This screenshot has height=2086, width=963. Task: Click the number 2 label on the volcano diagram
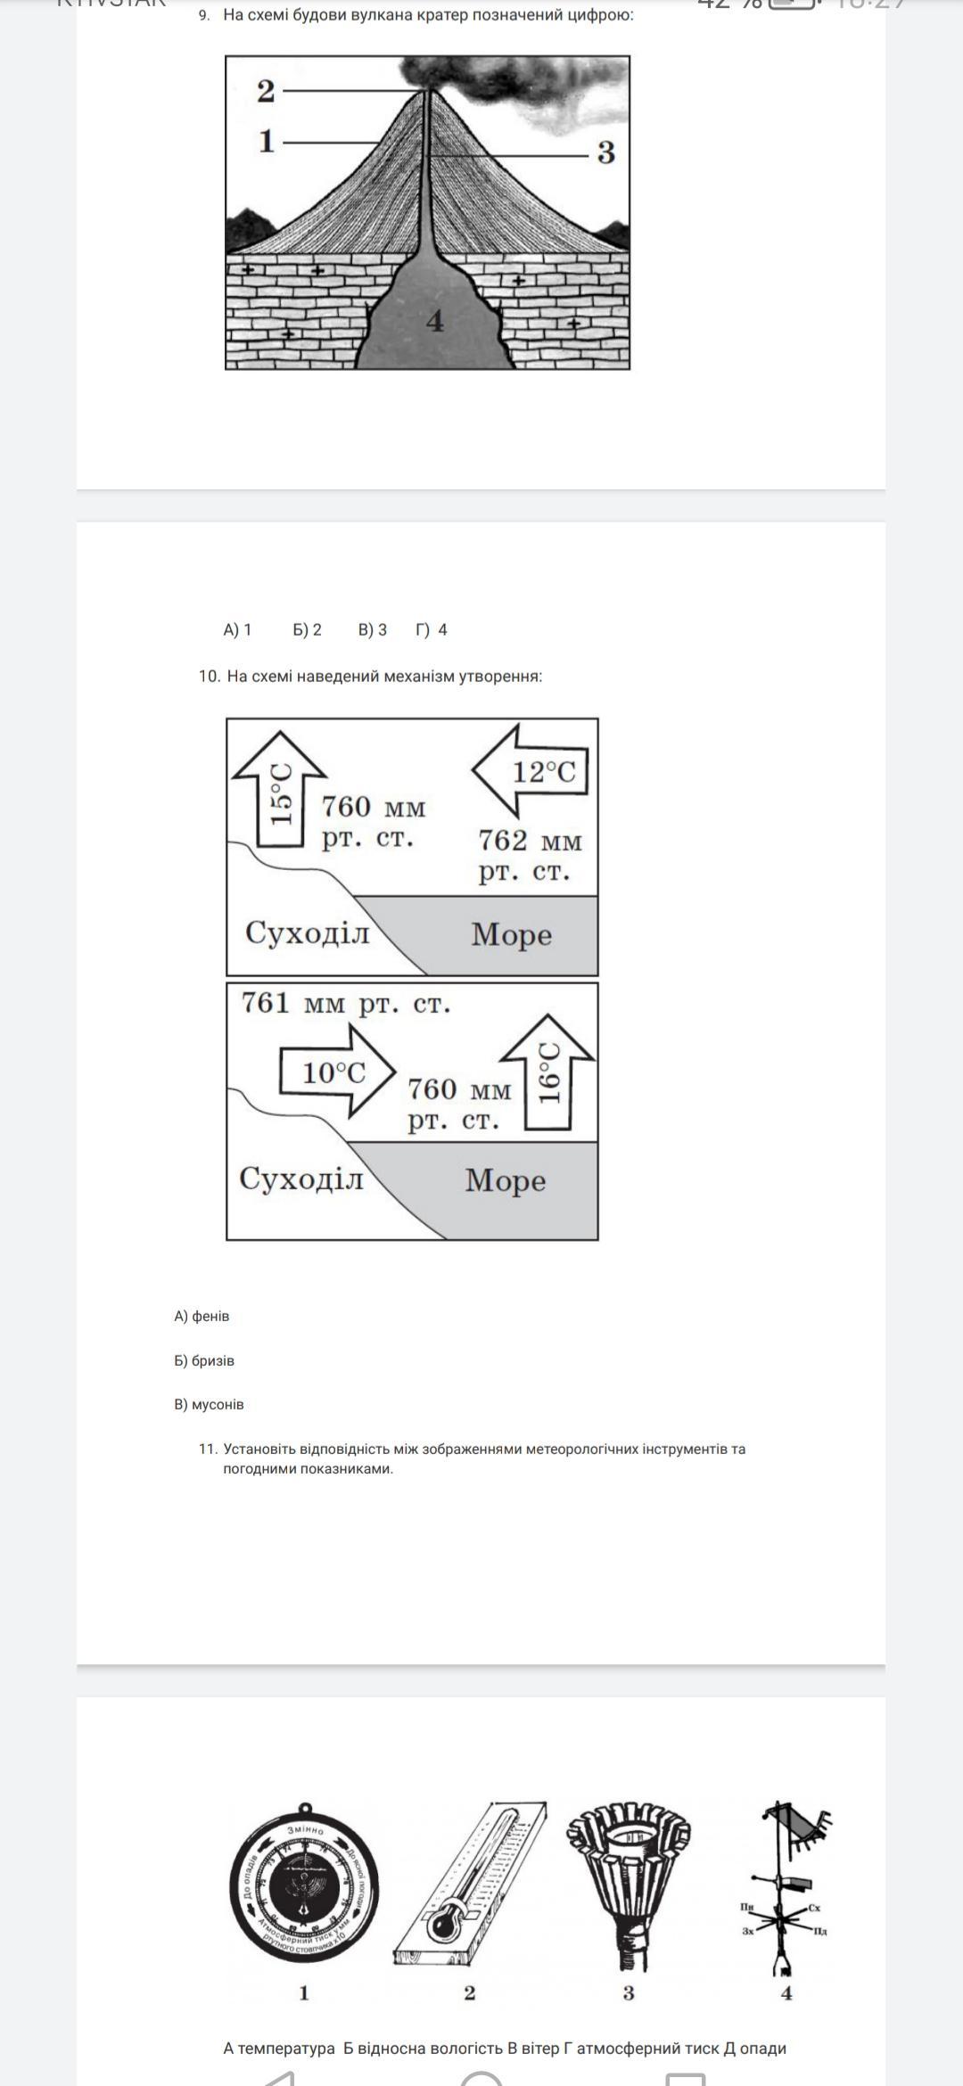click(x=266, y=91)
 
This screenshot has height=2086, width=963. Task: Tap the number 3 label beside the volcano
click(x=606, y=153)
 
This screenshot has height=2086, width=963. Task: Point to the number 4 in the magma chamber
click(x=434, y=321)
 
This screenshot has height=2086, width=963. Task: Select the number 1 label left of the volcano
click(x=266, y=142)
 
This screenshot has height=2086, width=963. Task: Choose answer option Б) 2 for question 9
click(x=307, y=630)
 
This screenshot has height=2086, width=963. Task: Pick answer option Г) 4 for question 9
click(x=432, y=630)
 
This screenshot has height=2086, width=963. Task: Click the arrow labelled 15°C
click(x=280, y=789)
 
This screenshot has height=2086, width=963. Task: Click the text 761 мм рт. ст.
click(x=346, y=1004)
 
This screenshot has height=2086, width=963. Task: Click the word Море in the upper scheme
click(x=511, y=934)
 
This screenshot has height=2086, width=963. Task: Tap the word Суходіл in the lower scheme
click(x=301, y=1179)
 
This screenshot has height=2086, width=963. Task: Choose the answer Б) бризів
click(x=204, y=1360)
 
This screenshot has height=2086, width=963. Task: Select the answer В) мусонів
click(x=209, y=1404)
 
